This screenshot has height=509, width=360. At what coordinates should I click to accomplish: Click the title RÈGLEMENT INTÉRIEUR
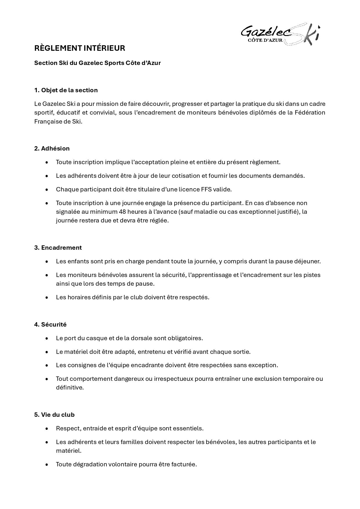(x=79, y=48)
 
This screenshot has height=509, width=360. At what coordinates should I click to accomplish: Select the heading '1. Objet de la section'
(x=66, y=90)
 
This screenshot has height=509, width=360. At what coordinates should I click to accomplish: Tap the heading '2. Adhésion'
(x=52, y=148)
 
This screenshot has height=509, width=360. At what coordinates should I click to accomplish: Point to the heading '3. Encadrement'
(x=58, y=248)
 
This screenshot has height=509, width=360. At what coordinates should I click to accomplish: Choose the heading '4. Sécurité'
(x=50, y=325)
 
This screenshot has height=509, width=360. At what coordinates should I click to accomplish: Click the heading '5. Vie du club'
(x=54, y=415)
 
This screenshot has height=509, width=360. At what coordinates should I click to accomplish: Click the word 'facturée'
(x=184, y=464)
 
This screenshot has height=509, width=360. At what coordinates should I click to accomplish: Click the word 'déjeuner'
(x=309, y=261)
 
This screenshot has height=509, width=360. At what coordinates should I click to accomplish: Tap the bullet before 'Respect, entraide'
(x=47, y=429)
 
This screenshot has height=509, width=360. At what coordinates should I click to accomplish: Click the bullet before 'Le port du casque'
(x=47, y=338)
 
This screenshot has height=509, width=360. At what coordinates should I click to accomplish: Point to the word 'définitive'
(x=70, y=387)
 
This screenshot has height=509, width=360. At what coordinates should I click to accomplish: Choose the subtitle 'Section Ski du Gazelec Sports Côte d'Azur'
(x=97, y=63)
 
